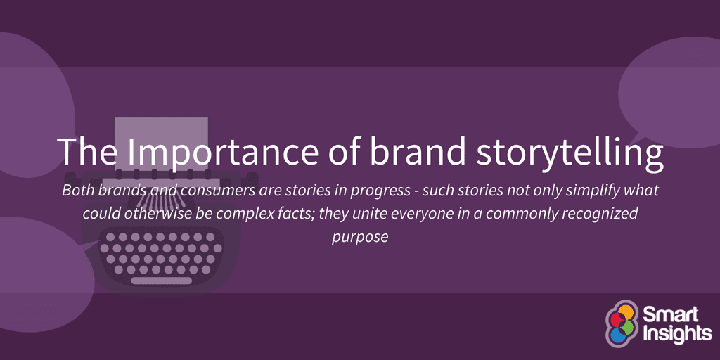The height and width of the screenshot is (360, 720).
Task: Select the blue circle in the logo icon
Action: pos(617,335)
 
